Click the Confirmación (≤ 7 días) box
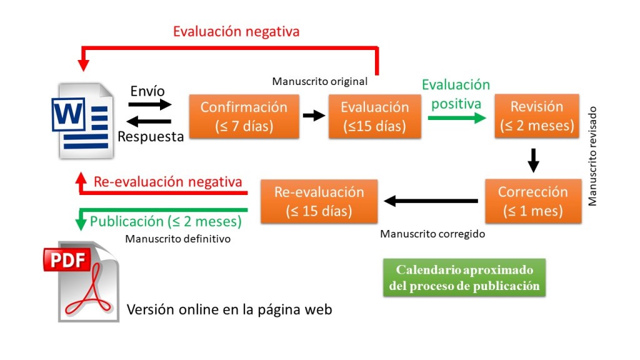click(x=244, y=116)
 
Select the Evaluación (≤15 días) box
click(x=374, y=116)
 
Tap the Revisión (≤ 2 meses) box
click(x=537, y=116)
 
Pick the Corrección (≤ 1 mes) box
click(x=533, y=201)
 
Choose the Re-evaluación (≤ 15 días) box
click(x=319, y=201)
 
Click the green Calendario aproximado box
click(x=464, y=278)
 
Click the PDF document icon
click(x=81, y=281)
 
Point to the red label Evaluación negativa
click(x=236, y=31)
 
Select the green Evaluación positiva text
click(x=456, y=94)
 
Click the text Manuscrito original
click(x=320, y=81)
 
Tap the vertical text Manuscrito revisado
click(x=592, y=156)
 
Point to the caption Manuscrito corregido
click(x=432, y=234)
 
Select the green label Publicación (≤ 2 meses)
click(x=166, y=221)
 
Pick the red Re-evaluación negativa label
click(x=167, y=182)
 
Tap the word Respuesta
click(x=151, y=136)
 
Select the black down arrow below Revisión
click(x=533, y=159)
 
